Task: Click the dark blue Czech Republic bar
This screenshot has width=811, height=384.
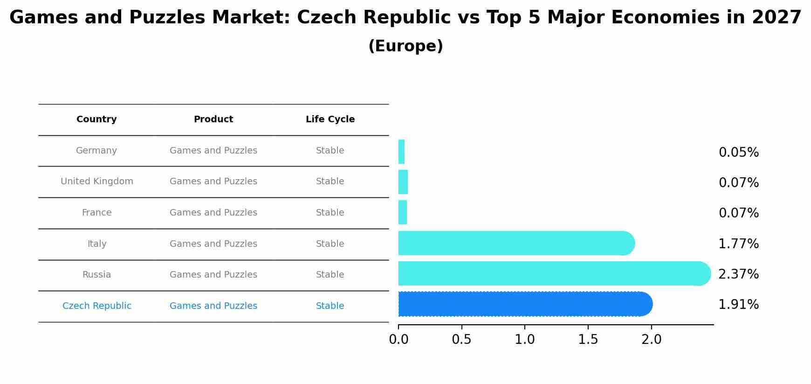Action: pos(525,304)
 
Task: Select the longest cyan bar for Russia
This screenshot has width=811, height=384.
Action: pos(554,273)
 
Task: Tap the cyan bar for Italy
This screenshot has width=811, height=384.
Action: pos(516,243)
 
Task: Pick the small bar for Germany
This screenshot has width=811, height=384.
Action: pos(401,152)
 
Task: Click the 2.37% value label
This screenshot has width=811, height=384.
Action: pos(738,274)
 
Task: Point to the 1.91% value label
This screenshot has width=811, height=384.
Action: pos(738,305)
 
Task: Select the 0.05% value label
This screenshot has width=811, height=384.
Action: pos(738,153)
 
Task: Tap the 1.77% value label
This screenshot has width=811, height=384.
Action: pos(738,244)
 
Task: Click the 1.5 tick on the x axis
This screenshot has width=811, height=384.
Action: pos(588,340)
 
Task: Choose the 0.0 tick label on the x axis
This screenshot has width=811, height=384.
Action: pos(399,340)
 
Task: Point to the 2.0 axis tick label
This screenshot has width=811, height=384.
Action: pos(651,340)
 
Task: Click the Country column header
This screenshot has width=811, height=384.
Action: pos(96,119)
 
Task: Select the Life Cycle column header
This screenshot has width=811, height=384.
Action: pos(330,119)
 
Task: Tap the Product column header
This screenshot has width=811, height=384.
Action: pos(213,119)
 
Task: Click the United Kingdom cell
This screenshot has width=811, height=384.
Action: pos(97,182)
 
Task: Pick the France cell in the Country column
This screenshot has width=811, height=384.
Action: pos(96,213)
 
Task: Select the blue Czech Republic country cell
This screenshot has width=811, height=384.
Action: pos(97,306)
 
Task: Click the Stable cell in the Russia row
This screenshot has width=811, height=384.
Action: pos(330,275)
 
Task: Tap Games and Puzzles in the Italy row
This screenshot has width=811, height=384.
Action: pos(213,244)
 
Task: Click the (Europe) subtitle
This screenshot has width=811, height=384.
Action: pos(405,46)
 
